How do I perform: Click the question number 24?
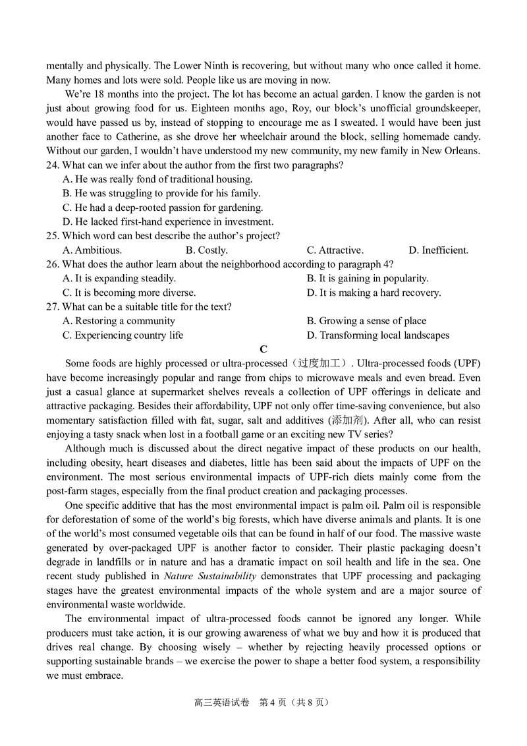(53, 165)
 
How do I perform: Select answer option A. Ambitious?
(92, 250)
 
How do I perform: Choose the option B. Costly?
(207, 250)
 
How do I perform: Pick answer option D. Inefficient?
(438, 250)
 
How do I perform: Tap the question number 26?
(53, 264)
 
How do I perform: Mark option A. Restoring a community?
(119, 321)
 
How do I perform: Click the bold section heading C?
(263, 349)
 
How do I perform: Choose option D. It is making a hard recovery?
(374, 293)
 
